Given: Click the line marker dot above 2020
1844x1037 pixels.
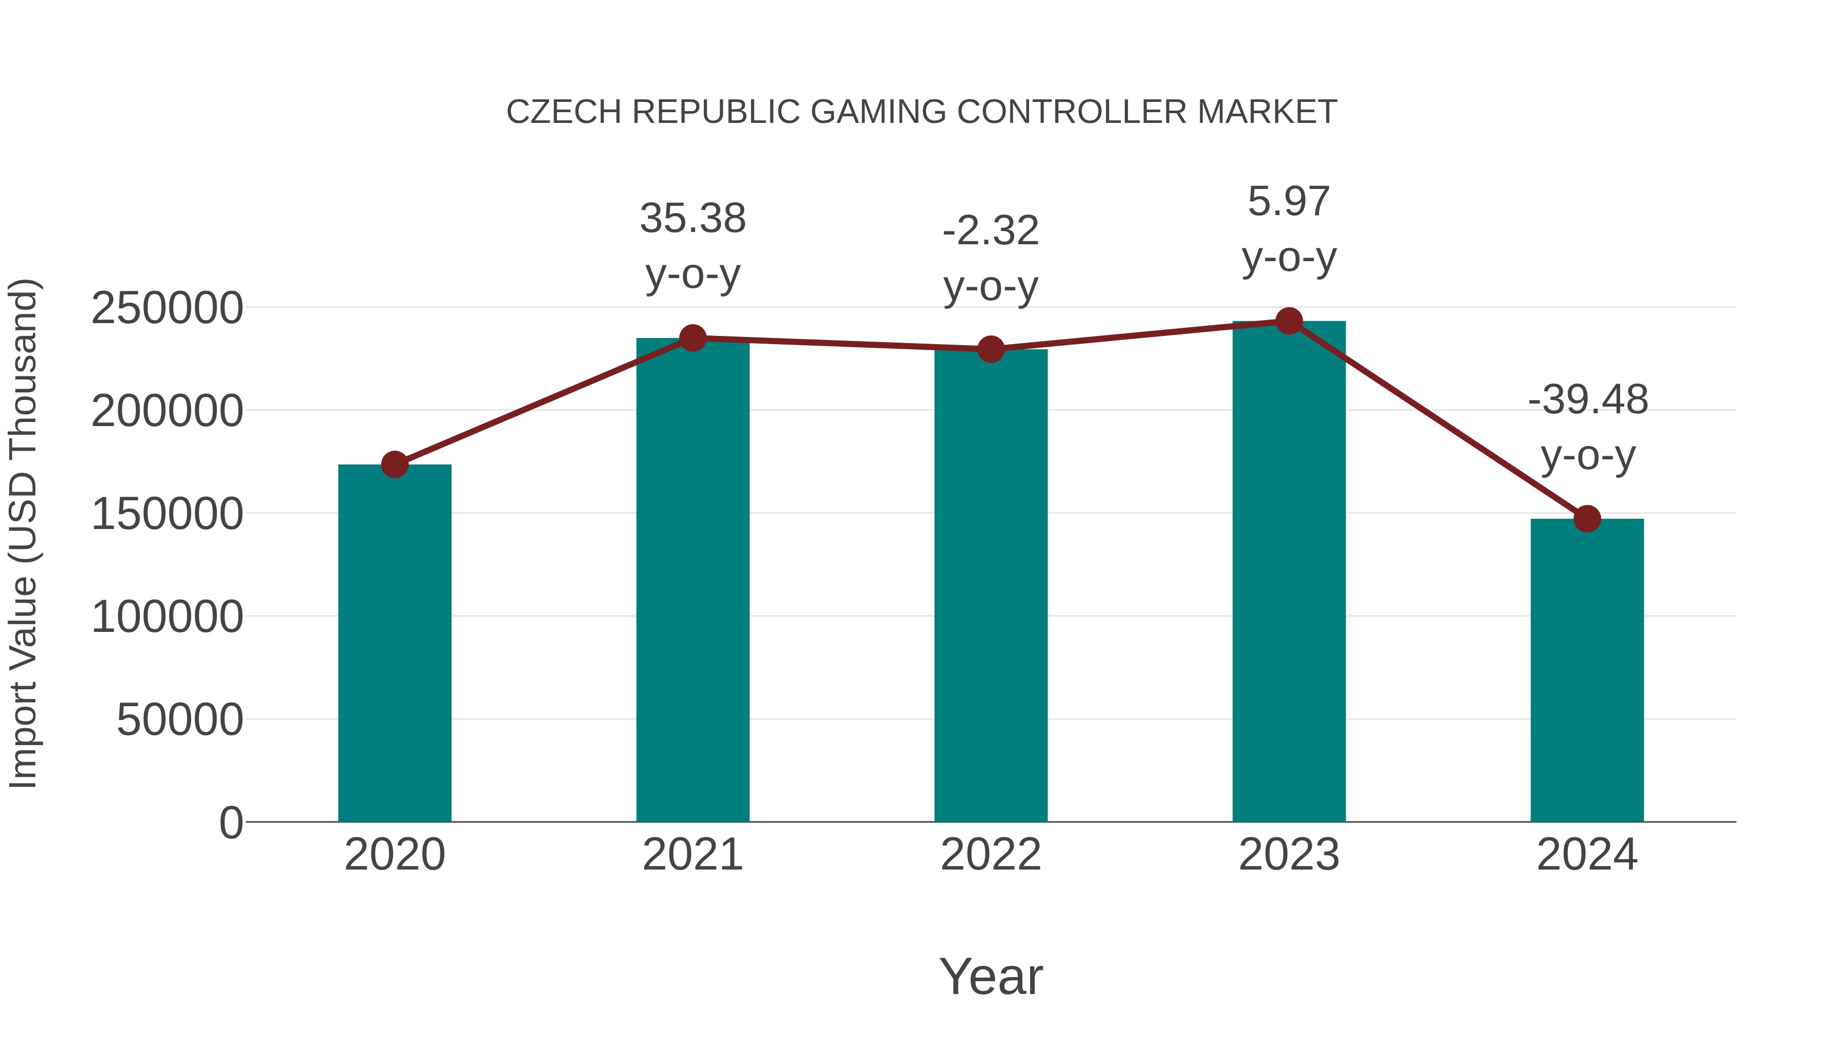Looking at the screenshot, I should click(394, 464).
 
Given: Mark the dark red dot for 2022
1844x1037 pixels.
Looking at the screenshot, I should click(991, 349).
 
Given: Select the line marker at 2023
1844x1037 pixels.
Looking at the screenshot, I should click(1289, 321).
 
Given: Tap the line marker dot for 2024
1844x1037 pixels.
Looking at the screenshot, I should click(1587, 519).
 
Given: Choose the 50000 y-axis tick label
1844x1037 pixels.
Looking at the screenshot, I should click(180, 719).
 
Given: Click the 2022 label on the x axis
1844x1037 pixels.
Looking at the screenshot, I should click(991, 855).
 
